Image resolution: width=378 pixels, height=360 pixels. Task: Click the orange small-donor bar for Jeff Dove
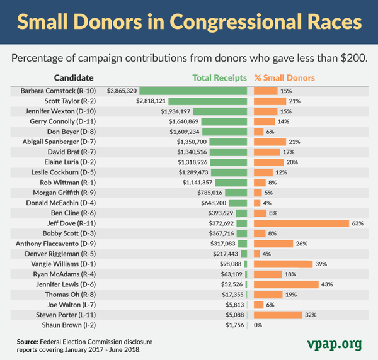[x=301, y=223]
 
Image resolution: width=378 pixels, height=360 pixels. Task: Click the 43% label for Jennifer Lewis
[x=328, y=284]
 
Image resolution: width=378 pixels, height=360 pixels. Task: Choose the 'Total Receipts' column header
[x=220, y=79]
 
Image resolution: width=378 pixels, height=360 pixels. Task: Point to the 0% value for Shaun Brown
[x=258, y=325]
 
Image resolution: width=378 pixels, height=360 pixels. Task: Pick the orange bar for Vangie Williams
[x=283, y=264]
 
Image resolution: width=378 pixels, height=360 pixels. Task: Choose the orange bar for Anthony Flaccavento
[x=273, y=244]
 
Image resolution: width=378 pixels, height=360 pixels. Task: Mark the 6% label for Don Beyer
[x=270, y=132]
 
